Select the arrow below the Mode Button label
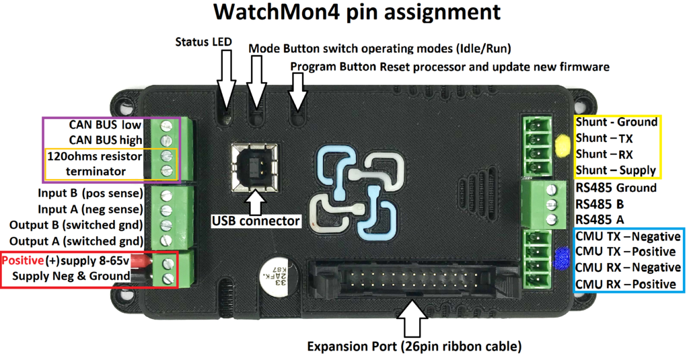click(x=256, y=81)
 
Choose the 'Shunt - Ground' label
click(x=616, y=122)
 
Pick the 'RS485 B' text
click(x=600, y=203)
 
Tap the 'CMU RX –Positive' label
click(x=625, y=284)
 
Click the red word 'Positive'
click(x=23, y=260)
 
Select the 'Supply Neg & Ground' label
click(x=71, y=276)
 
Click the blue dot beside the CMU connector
click(x=561, y=260)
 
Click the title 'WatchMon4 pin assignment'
click(x=357, y=13)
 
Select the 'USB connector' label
click(x=255, y=220)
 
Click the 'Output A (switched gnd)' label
click(x=76, y=241)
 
